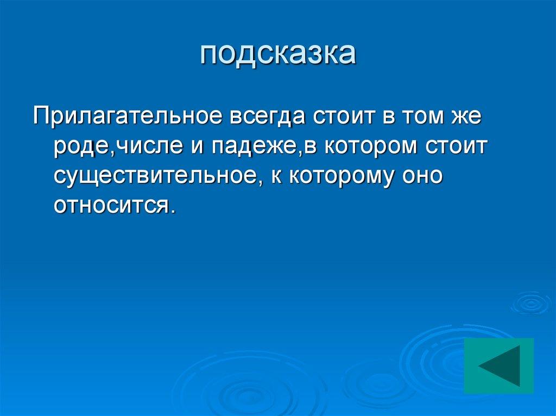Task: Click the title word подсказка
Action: (278, 54)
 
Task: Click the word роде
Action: (81, 148)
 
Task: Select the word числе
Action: (146, 148)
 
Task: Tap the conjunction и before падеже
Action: (198, 148)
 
